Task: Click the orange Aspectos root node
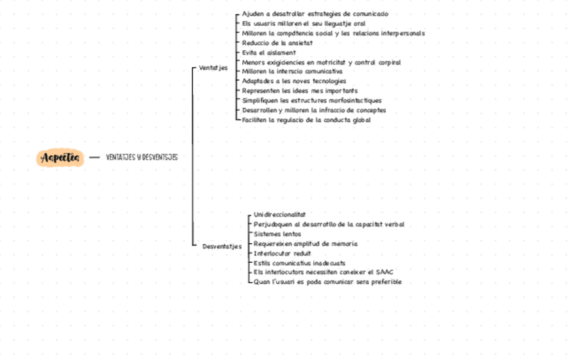click(x=60, y=158)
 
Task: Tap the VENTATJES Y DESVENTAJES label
click(x=142, y=158)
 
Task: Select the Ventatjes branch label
click(x=213, y=68)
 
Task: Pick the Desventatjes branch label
click(x=222, y=247)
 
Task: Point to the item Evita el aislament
click(x=269, y=52)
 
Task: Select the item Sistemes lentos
click(x=277, y=234)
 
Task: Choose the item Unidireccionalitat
click(x=280, y=215)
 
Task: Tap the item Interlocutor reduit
click(x=283, y=253)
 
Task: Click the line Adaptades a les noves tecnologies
click(x=294, y=81)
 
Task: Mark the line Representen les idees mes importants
click(x=300, y=90)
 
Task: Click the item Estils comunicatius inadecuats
click(x=299, y=262)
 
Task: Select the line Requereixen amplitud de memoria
click(x=306, y=243)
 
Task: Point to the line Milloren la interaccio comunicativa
click(x=292, y=71)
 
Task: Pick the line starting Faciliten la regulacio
click(x=306, y=120)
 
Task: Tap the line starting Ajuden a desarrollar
click(x=315, y=14)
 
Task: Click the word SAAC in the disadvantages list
click(x=384, y=272)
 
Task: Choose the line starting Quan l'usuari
click(x=327, y=281)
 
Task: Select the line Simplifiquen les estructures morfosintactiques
click(x=312, y=101)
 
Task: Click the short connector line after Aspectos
click(x=94, y=158)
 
